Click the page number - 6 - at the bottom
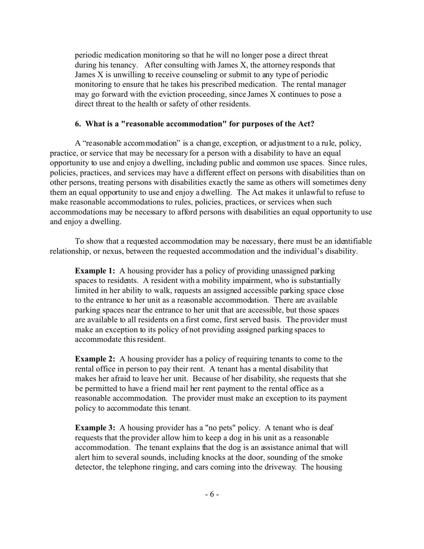(x=212, y=494)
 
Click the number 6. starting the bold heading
(x=78, y=124)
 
